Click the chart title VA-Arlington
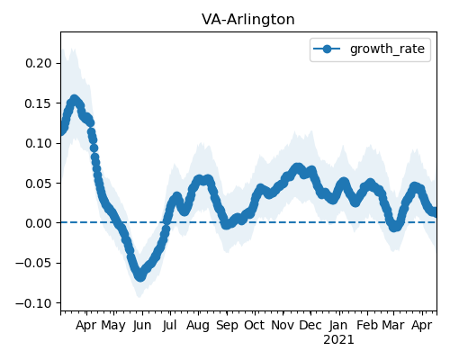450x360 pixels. (248, 20)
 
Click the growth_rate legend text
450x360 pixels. (387, 49)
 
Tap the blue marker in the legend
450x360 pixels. (327, 49)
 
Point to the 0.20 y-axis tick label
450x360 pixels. (39, 63)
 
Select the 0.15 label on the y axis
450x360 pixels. (39, 103)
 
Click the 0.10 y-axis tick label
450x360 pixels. (39, 143)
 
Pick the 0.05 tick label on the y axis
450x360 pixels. (39, 184)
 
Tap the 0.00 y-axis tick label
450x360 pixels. (39, 223)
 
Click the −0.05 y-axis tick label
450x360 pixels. (33, 263)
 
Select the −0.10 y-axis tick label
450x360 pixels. (33, 303)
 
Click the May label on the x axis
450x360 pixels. (113, 326)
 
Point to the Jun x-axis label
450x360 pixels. (142, 326)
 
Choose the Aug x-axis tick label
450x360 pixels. (198, 326)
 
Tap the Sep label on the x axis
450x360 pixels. (227, 326)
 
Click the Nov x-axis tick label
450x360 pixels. (283, 325)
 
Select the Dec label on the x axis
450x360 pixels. (310, 325)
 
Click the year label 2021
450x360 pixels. (338, 340)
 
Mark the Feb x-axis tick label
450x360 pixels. (367, 325)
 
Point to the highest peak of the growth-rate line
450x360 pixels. (74, 99)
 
